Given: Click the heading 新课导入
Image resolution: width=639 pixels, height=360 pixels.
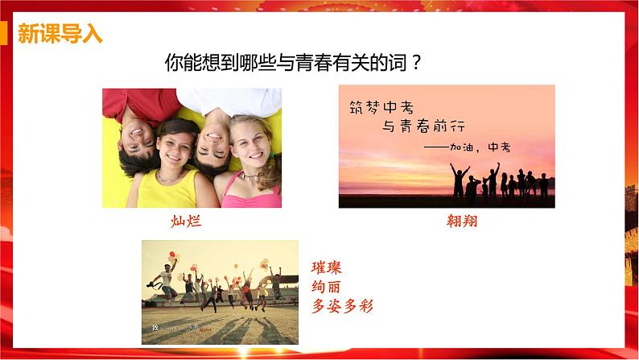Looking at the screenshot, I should [x=60, y=35].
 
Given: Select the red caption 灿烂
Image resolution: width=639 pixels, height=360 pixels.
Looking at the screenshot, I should [x=186, y=221].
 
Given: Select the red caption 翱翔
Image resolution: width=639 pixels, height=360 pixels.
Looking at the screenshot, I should [x=462, y=221].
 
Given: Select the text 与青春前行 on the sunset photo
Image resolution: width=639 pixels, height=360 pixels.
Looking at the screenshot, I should [x=425, y=126].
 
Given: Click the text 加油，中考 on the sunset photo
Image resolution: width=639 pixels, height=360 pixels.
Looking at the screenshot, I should [x=480, y=147].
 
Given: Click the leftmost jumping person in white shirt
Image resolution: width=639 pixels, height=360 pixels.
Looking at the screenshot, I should [x=164, y=278].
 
